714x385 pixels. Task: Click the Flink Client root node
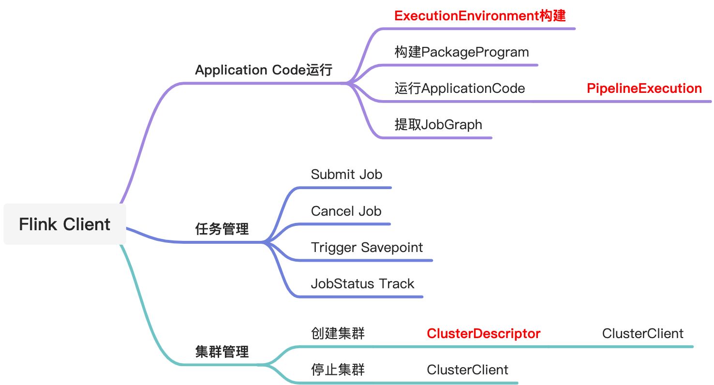click(65, 224)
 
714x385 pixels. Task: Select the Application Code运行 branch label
click(264, 70)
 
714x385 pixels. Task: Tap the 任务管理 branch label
click(222, 229)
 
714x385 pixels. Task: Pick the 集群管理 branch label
click(222, 352)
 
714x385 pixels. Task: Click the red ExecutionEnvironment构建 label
click(480, 16)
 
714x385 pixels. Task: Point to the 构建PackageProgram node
click(461, 52)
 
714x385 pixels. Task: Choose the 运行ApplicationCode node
click(460, 89)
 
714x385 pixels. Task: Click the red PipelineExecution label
click(644, 89)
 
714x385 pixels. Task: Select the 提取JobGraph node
click(438, 125)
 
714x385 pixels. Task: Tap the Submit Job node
click(346, 175)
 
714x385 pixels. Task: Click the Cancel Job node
click(346, 211)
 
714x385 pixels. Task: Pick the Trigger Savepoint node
click(367, 248)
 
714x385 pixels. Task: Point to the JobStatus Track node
click(362, 284)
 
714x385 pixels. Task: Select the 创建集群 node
click(338, 334)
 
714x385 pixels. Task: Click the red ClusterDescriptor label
click(483, 334)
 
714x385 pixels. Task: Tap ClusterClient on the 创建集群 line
click(642, 334)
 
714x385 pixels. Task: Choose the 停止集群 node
click(338, 370)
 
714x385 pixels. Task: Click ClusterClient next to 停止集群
click(467, 370)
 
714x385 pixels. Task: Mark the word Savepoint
click(392, 248)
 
